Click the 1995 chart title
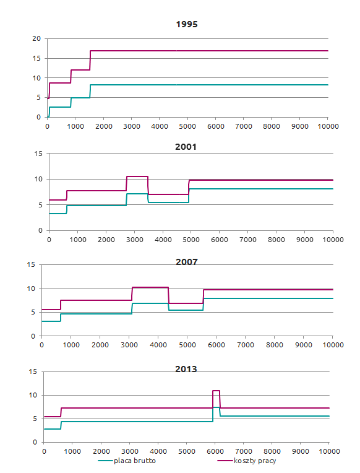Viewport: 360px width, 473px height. pos(187,24)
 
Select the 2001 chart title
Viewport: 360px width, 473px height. pos(186,147)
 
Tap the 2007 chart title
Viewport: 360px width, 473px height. pos(187,262)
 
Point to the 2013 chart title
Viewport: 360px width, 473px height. pos(186,369)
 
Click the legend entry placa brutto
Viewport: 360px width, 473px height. pos(134,461)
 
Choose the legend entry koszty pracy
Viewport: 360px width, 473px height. pos(255,461)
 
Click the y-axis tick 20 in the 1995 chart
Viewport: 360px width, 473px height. pos(36,38)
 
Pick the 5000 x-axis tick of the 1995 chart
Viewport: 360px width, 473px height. pos(187,126)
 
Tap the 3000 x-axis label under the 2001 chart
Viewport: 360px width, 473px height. pos(134,240)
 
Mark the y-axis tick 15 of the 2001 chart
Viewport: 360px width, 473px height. pos(38,154)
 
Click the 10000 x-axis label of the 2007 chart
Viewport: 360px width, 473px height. pos(333,345)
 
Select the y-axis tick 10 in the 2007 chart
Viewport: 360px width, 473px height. pos(31,289)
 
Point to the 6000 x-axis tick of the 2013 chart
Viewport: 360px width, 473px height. pos(215,451)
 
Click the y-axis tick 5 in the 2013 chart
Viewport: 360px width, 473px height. pos(35,419)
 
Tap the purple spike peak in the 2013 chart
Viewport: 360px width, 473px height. pos(216,391)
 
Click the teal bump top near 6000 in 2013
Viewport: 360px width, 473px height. pos(216,407)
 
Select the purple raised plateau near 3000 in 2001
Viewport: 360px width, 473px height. pos(137,176)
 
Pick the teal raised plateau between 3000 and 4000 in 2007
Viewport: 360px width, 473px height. pos(150,303)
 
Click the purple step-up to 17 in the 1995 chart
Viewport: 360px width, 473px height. pos(90,60)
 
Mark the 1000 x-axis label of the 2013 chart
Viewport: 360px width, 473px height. pos(72,451)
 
